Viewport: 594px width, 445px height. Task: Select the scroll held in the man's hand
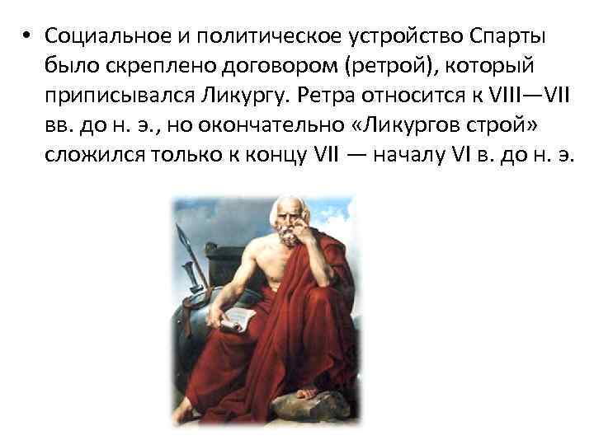pos(237,317)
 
